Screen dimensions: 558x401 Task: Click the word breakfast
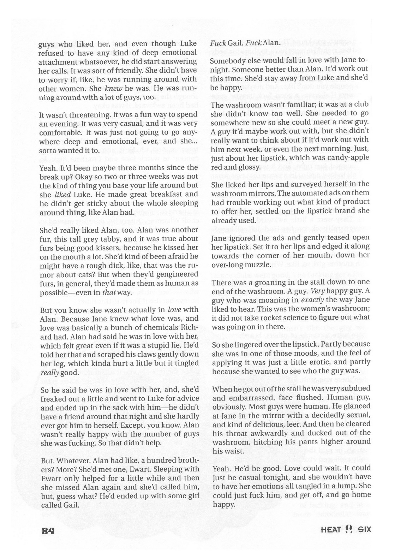tap(155, 194)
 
